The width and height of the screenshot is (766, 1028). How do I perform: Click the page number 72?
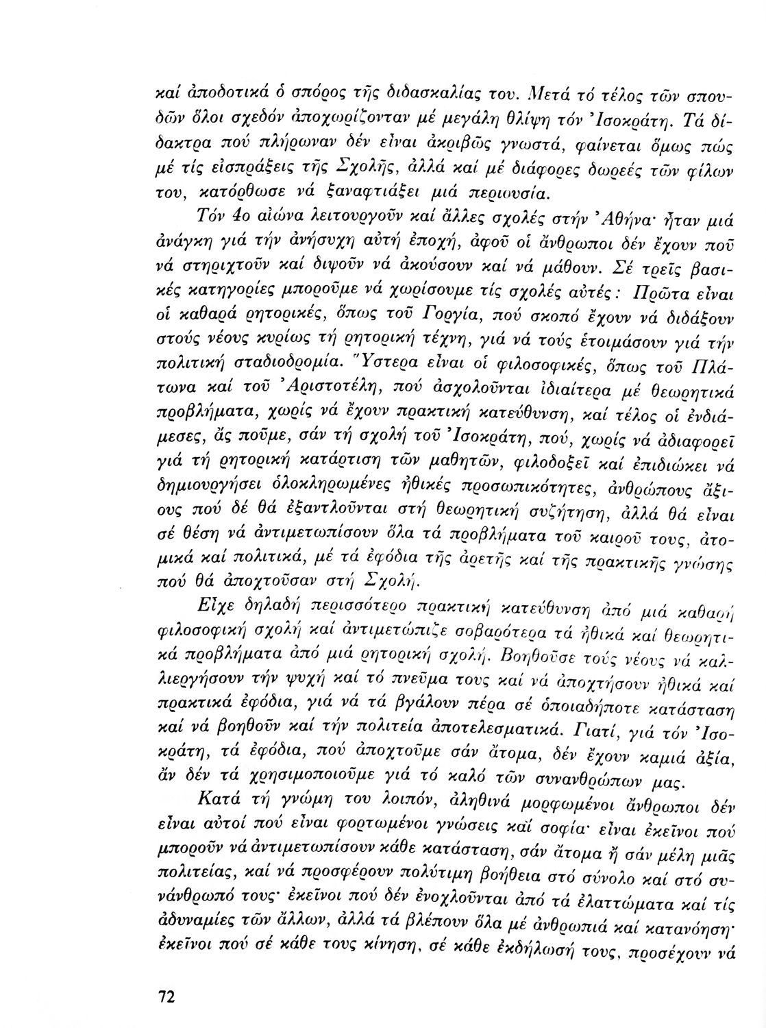165,996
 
